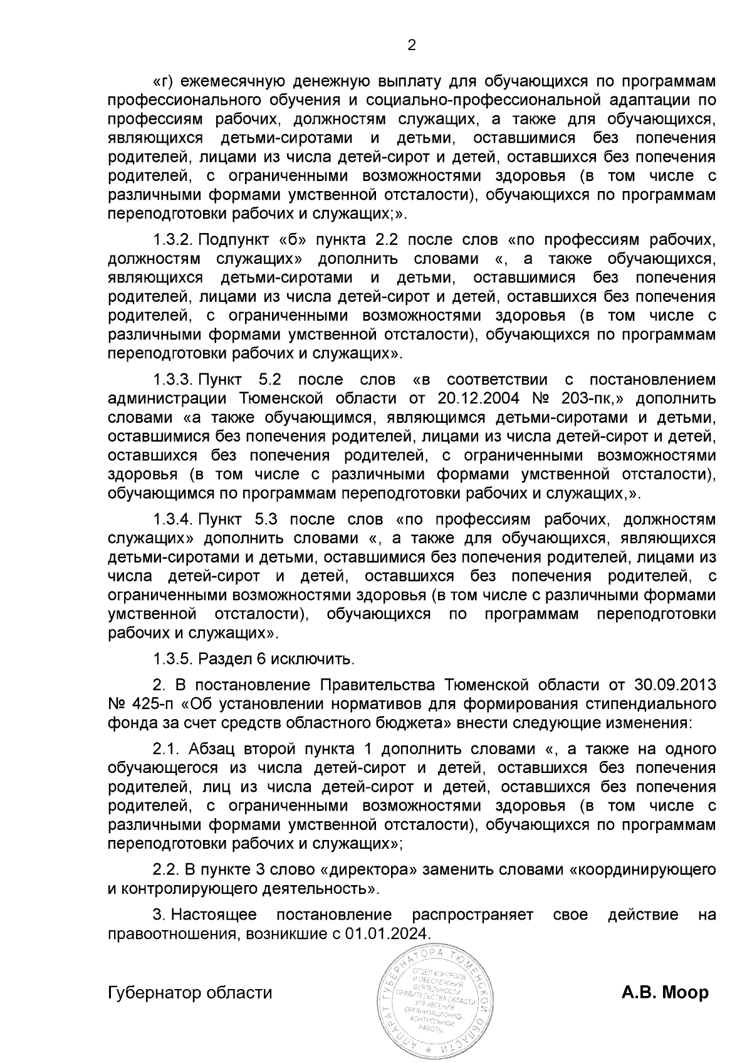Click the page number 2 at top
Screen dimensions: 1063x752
pos(412,44)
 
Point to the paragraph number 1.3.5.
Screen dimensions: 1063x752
pos(173,659)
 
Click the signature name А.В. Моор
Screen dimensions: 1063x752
pos(665,993)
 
